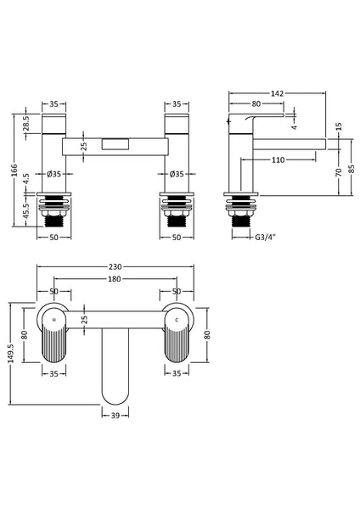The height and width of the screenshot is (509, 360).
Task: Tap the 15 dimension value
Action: tap(340, 126)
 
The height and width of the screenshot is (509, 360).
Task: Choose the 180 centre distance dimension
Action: tap(114, 279)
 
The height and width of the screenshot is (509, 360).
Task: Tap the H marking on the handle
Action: tap(54, 321)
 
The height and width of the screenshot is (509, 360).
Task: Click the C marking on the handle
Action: tap(177, 321)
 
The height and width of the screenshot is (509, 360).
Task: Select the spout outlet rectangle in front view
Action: tap(115, 145)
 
